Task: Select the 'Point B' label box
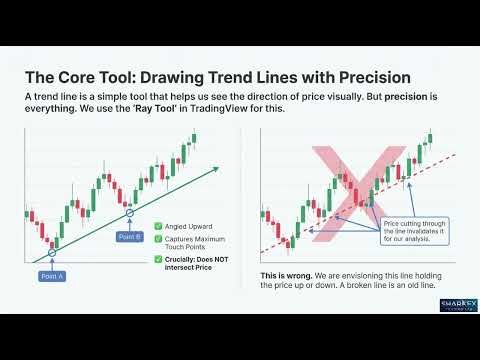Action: (129, 236)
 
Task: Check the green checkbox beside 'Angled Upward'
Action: (157, 225)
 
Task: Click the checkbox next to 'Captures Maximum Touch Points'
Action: (157, 240)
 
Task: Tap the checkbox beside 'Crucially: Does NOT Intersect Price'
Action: (157, 260)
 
